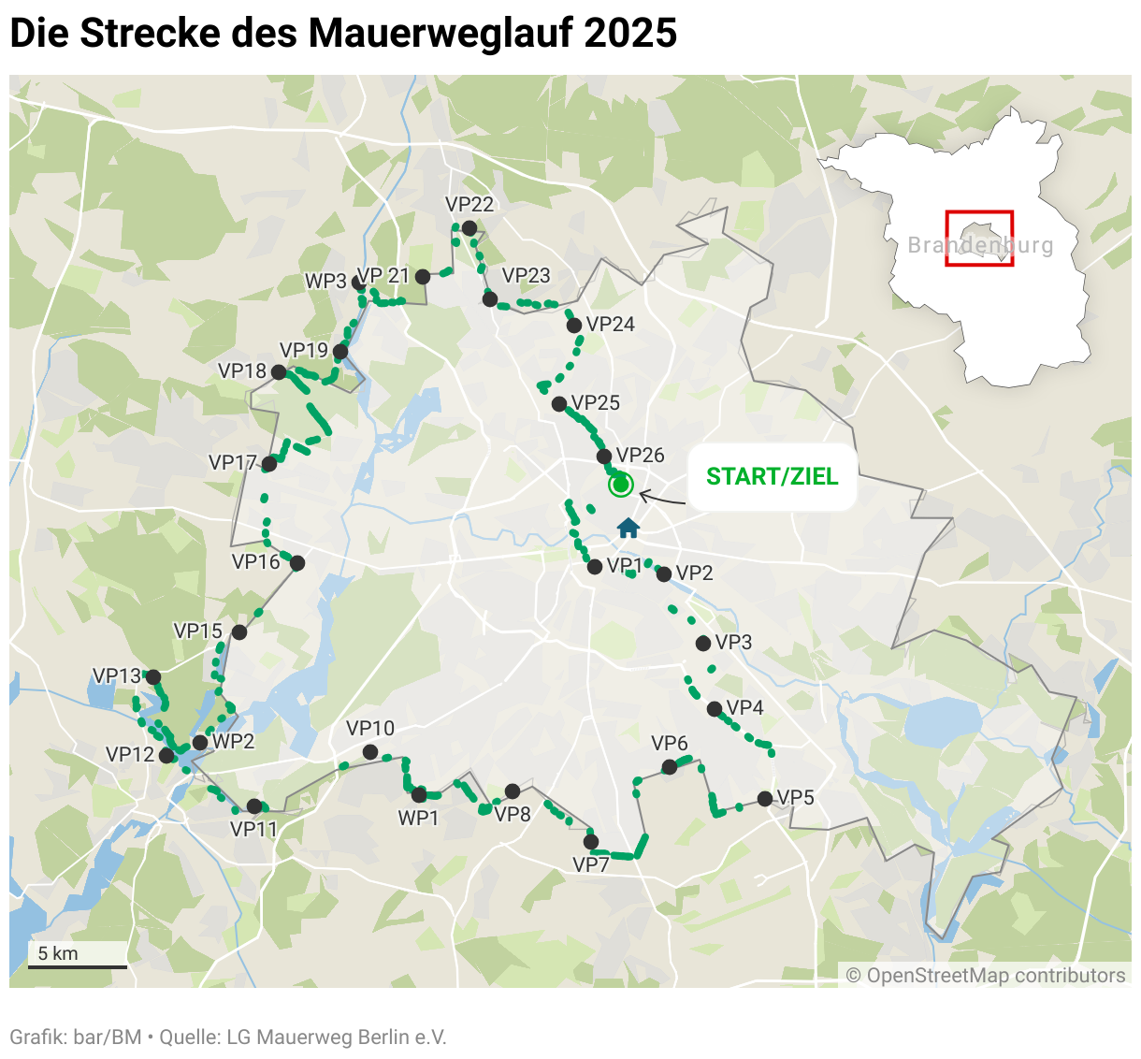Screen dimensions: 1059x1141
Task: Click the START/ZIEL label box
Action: tap(772, 477)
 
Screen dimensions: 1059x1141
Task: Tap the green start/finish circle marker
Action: tap(620, 485)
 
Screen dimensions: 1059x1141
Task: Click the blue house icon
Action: tap(628, 529)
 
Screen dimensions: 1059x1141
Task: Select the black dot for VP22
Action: tap(469, 228)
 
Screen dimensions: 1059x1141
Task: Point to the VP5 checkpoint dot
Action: tap(765, 798)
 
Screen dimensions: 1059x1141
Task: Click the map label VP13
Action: tap(116, 675)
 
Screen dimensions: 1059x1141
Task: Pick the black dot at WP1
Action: tap(419, 795)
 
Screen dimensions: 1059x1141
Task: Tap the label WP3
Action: tap(325, 282)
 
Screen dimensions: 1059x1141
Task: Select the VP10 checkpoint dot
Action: tap(370, 752)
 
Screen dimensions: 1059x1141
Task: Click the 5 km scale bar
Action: tap(78, 965)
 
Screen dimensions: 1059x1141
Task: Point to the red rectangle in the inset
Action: tap(979, 239)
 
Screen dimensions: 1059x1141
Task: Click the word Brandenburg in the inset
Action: tap(980, 246)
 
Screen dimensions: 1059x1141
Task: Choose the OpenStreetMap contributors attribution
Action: tap(986, 976)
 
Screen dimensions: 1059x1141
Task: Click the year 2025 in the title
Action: tap(630, 34)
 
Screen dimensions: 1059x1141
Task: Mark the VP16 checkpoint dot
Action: tap(297, 563)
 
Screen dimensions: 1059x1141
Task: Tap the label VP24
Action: tap(611, 325)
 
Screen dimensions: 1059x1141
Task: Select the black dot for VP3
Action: tap(703, 643)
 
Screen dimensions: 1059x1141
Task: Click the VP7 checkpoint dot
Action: tap(591, 842)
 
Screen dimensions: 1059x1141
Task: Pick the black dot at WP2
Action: tap(199, 743)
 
